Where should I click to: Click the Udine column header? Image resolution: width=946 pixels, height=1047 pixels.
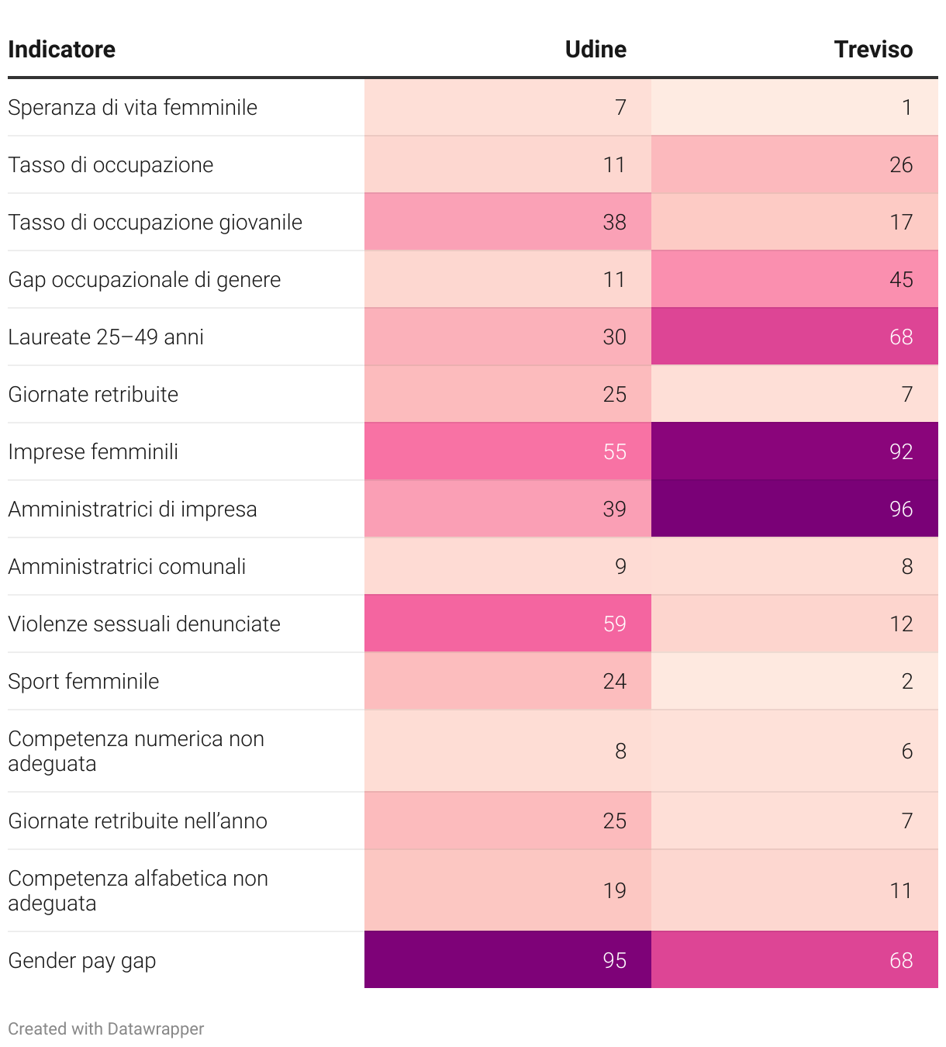pyautogui.click(x=596, y=50)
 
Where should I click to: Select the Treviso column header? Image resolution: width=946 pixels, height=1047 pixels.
pyautogui.click(x=873, y=50)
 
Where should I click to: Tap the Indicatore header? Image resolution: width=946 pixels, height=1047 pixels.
pyautogui.click(x=62, y=50)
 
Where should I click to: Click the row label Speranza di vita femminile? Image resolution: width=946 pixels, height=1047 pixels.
pyautogui.click(x=133, y=107)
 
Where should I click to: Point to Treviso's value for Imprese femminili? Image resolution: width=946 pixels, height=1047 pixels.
pyautogui.click(x=901, y=451)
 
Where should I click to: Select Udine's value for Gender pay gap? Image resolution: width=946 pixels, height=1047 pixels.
pyautogui.click(x=614, y=960)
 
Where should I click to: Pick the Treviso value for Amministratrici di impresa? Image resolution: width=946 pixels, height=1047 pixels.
pyautogui.click(x=901, y=509)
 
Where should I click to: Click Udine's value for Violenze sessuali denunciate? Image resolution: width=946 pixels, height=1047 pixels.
pyautogui.click(x=614, y=624)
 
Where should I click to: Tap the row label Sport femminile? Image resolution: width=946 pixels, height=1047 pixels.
pyautogui.click(x=84, y=681)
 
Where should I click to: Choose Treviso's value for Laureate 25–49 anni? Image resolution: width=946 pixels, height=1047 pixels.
pyautogui.click(x=901, y=337)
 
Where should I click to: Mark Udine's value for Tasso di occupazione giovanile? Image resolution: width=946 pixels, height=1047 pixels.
pyautogui.click(x=614, y=222)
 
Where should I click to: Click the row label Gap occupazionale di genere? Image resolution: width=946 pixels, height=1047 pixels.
pyautogui.click(x=144, y=279)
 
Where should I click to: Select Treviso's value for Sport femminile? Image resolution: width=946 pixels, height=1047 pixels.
pyautogui.click(x=906, y=681)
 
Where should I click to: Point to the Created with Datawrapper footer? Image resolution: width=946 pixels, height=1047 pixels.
pyautogui.click(x=106, y=1028)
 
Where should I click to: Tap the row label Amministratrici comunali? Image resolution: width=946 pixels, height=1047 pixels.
pyautogui.click(x=127, y=566)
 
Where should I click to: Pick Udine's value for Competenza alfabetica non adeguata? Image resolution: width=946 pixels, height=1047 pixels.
pyautogui.click(x=614, y=890)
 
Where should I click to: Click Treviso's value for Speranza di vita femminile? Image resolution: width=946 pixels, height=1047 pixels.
pyautogui.click(x=906, y=107)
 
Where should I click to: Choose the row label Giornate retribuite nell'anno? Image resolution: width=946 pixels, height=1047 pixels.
pyautogui.click(x=138, y=821)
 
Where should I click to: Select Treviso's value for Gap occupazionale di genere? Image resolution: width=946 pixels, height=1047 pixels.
pyautogui.click(x=901, y=279)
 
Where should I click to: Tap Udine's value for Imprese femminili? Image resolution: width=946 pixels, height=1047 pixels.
pyautogui.click(x=614, y=451)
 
